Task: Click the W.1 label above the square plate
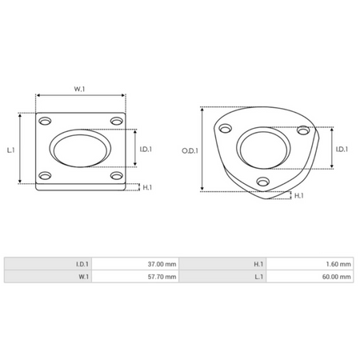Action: [x=80, y=89]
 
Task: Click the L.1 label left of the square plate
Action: [x=10, y=149]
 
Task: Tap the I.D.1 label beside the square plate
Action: [x=146, y=149]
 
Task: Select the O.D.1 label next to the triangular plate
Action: [x=190, y=150]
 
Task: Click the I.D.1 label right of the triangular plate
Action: [x=342, y=150]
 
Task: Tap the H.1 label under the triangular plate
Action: [x=298, y=196]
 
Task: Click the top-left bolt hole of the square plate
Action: [x=45, y=121]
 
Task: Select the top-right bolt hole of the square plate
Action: [x=116, y=121]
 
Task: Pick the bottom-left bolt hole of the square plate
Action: [x=45, y=176]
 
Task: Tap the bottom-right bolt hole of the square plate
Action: [x=116, y=176]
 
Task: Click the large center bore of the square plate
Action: [x=80, y=148]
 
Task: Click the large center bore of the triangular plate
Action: [x=267, y=149]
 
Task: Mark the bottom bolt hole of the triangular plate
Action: [x=262, y=183]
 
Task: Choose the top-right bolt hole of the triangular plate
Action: [x=302, y=129]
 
